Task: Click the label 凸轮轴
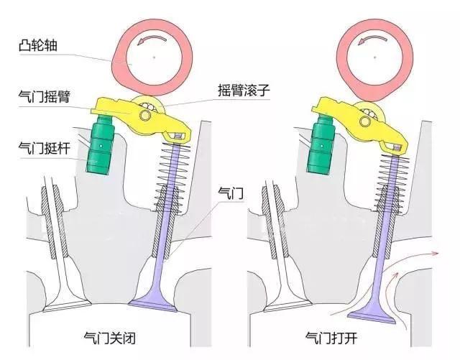(38, 45)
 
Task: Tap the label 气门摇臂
(45, 96)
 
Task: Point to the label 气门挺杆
(45, 148)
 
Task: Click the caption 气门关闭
(110, 338)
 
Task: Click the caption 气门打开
(331, 338)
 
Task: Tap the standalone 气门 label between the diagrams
(231, 193)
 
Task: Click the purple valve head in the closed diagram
(153, 304)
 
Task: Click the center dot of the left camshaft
(154, 57)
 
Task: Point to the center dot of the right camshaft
(374, 57)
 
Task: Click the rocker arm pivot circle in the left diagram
(144, 116)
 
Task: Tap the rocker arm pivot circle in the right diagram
(365, 120)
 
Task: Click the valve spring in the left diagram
(172, 176)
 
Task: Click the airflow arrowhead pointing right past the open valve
(436, 253)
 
